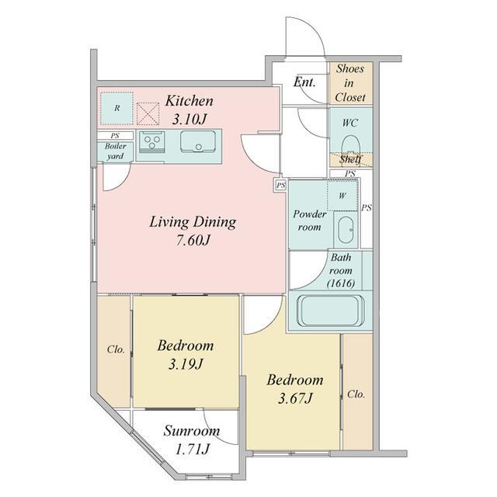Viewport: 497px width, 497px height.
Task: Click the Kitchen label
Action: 189,101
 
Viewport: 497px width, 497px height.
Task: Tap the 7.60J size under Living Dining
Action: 193,241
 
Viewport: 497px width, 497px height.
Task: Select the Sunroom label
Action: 192,431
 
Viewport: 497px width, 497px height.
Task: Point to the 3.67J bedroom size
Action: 295,398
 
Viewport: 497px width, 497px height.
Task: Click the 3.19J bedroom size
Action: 186,364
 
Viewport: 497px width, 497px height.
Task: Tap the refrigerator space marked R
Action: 117,109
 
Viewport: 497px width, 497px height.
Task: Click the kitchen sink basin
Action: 198,141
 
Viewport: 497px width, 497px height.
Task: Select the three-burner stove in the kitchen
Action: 152,141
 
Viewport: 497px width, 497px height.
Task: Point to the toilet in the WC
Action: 351,146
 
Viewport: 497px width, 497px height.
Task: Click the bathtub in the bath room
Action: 331,311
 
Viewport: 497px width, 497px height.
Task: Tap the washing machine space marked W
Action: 342,196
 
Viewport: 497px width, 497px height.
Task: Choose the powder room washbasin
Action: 346,230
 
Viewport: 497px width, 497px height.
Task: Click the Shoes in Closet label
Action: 350,83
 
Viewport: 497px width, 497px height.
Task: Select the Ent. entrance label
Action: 304,82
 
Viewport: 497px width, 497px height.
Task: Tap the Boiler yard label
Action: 115,151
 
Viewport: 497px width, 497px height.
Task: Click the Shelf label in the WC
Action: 350,159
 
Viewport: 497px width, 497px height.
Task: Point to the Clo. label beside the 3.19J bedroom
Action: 116,349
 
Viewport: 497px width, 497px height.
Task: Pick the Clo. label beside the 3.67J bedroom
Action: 356,394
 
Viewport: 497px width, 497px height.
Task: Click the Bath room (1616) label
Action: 341,270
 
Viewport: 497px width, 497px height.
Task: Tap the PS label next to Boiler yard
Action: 115,136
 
